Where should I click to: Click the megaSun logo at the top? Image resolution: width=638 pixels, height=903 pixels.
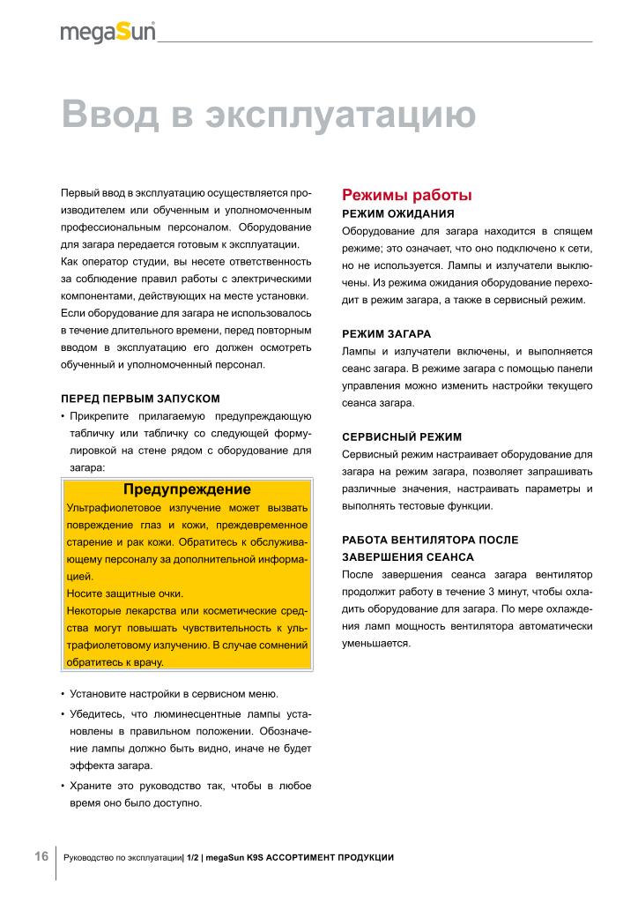(x=108, y=33)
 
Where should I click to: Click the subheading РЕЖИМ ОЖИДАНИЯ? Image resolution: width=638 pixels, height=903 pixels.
(x=397, y=214)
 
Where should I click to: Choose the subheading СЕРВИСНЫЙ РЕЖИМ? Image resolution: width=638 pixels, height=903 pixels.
(x=401, y=437)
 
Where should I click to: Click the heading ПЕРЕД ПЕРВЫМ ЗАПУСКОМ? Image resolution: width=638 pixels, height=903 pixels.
(x=140, y=399)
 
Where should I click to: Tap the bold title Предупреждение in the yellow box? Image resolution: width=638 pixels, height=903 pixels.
(x=187, y=489)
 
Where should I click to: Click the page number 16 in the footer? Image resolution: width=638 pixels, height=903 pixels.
(x=41, y=857)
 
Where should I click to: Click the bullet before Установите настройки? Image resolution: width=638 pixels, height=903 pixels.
(x=63, y=694)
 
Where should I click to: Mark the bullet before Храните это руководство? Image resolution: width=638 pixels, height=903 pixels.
(x=63, y=785)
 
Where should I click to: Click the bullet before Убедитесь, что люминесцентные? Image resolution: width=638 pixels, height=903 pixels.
(x=63, y=713)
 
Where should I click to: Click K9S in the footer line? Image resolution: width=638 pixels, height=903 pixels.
(x=255, y=858)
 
